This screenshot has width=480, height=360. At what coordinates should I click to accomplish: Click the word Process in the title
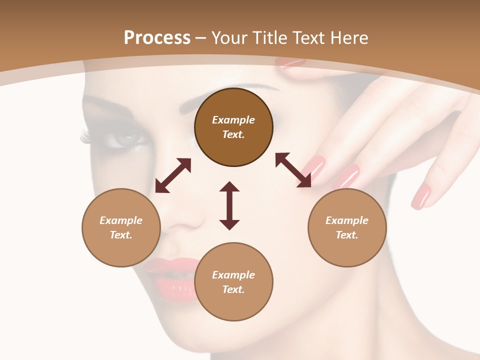(x=157, y=38)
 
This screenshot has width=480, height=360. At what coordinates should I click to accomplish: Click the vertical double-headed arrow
(x=229, y=205)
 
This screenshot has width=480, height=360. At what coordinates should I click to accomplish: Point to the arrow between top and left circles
(x=173, y=175)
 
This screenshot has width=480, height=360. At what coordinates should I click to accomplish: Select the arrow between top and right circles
(x=293, y=170)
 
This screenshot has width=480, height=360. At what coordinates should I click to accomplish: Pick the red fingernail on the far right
(x=421, y=196)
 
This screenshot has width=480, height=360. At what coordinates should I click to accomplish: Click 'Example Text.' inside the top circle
(x=233, y=127)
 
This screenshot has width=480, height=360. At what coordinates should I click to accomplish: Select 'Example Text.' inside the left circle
(x=121, y=227)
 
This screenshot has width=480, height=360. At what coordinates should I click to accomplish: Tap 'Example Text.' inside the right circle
(x=347, y=227)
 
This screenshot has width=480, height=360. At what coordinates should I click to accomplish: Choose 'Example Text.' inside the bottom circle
(x=233, y=282)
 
